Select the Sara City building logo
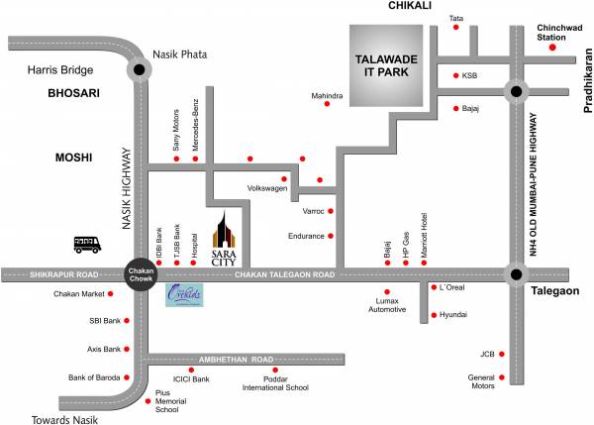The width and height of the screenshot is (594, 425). click(x=225, y=237)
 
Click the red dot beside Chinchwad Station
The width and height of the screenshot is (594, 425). click(x=553, y=47)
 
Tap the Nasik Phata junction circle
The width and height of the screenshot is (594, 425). click(x=140, y=70)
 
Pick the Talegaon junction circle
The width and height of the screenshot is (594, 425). click(x=515, y=274)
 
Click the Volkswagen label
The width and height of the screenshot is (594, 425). click(x=267, y=188)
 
